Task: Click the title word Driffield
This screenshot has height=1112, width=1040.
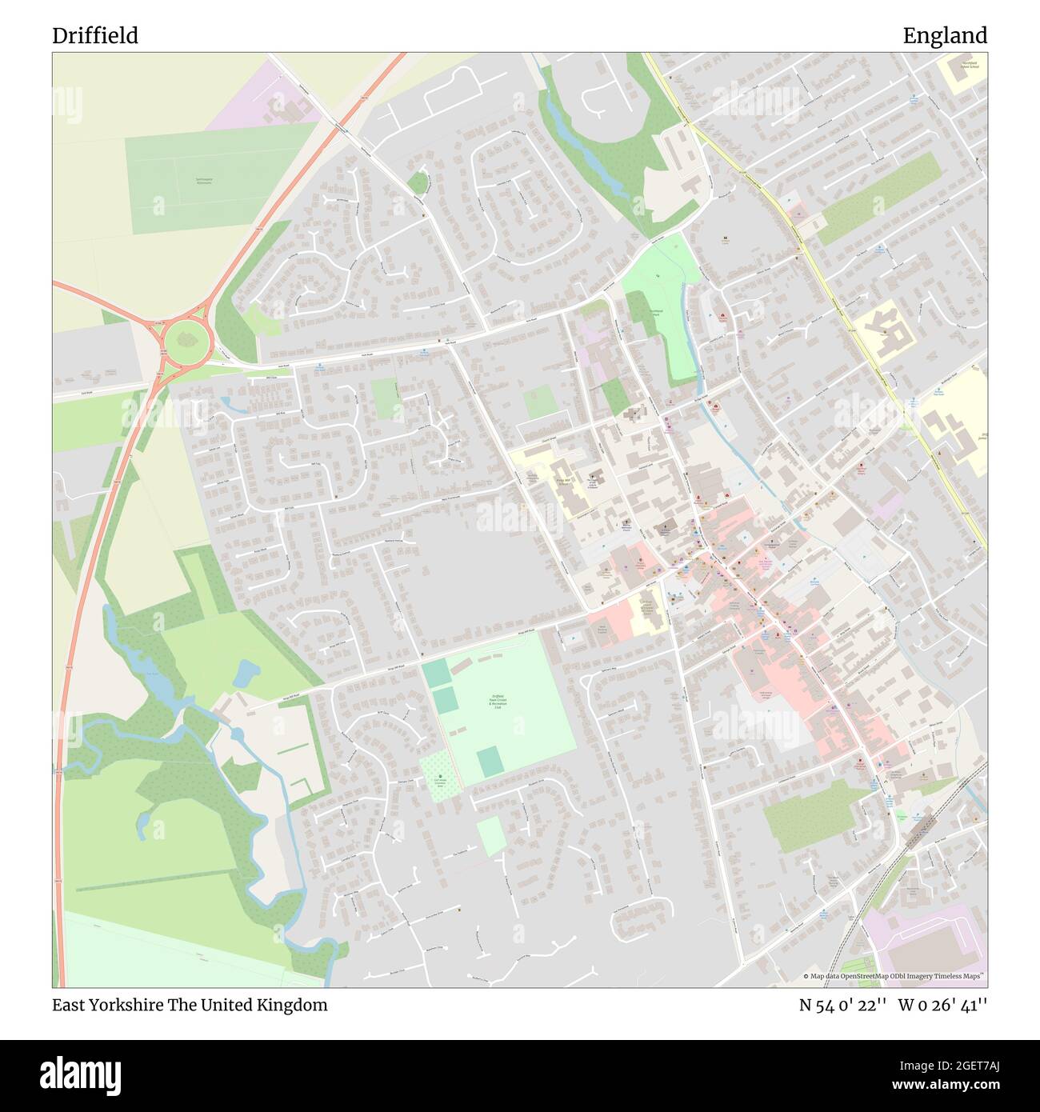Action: (95, 36)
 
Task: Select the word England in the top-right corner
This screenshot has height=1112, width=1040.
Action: (945, 36)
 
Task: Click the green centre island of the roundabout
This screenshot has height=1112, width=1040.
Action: (187, 342)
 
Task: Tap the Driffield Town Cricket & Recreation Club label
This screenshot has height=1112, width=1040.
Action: (497, 702)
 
